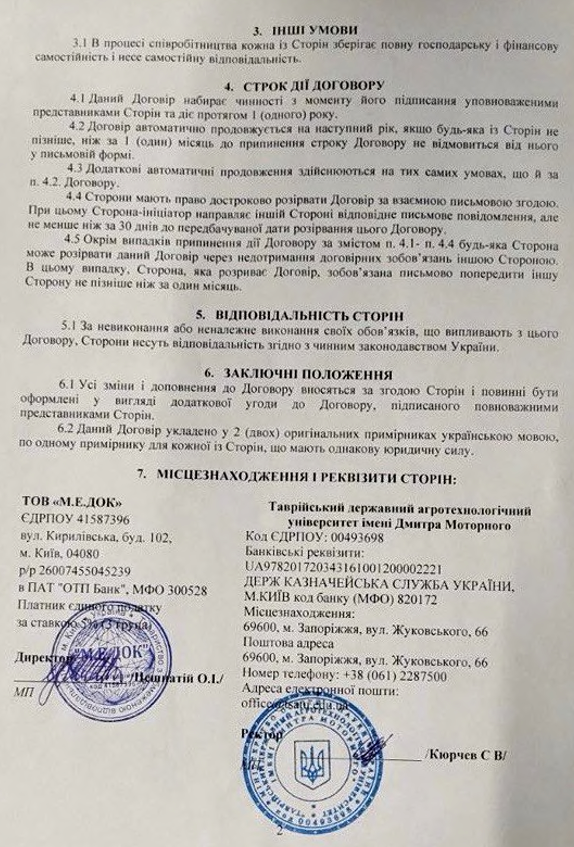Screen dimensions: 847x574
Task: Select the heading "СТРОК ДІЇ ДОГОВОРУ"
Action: tap(313, 86)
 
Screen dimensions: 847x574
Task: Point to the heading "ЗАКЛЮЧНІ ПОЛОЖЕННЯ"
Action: tap(308, 375)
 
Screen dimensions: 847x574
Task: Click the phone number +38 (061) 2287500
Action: tap(395, 677)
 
